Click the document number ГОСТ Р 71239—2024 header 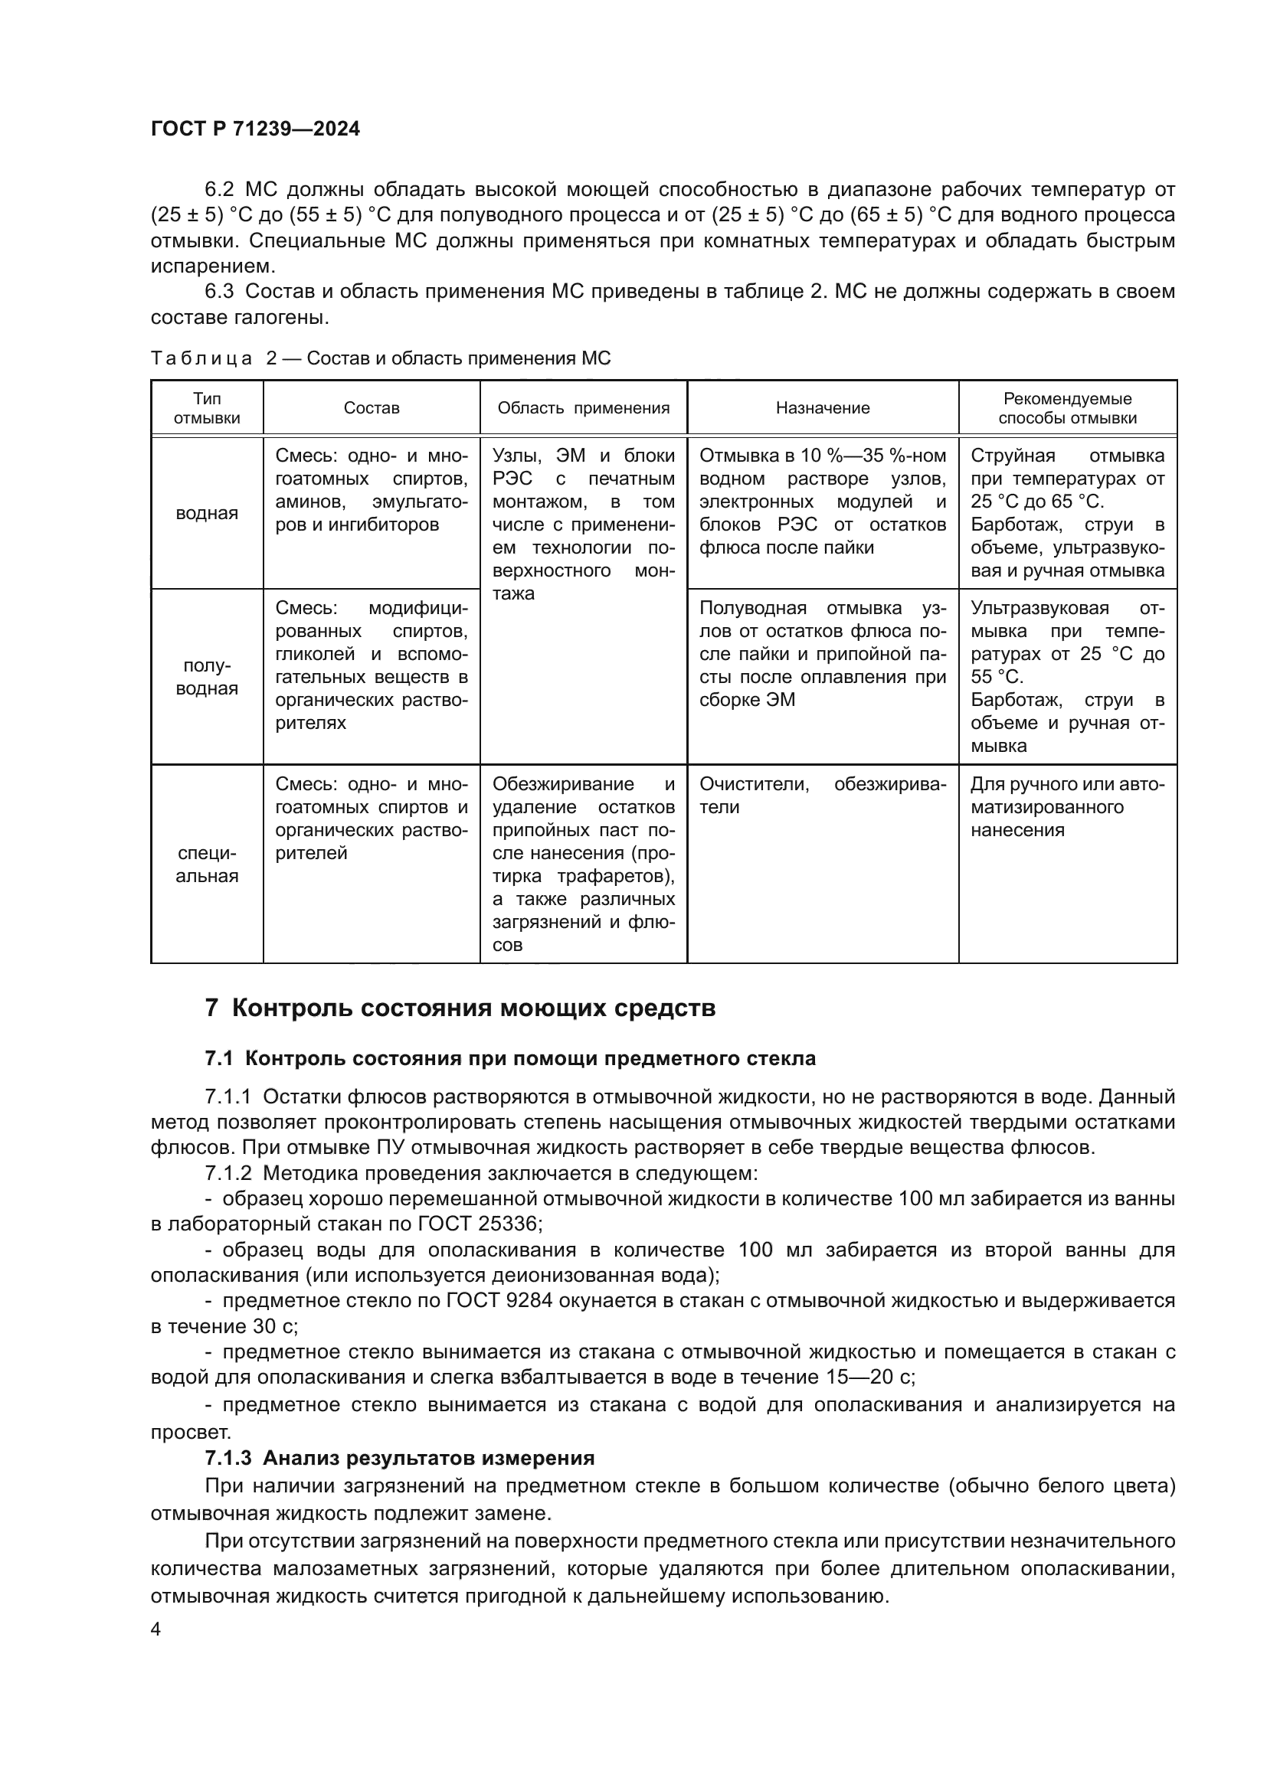pos(255,129)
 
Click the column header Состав pos(372,408)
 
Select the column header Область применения pos(583,408)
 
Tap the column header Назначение pos(822,408)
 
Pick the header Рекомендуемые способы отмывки pos(1067,408)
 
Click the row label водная pos(207,513)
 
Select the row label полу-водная pos(207,677)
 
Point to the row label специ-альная pos(207,864)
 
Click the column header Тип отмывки pos(207,408)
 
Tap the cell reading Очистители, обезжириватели pos(822,796)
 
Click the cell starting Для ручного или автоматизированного pos(1066,806)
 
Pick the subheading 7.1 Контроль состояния pos(510,1058)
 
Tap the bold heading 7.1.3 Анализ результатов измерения pos(399,1458)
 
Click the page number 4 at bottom pos(156,1629)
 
